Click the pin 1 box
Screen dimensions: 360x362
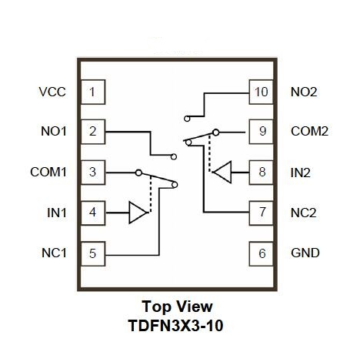pyautogui.click(x=93, y=92)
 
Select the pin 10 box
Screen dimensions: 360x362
pyautogui.click(x=261, y=92)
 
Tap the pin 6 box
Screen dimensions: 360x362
pyautogui.click(x=261, y=253)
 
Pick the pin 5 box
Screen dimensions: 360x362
pyautogui.click(x=93, y=253)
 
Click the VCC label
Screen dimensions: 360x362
pyautogui.click(x=52, y=92)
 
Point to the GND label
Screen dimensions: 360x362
pyautogui.click(x=305, y=253)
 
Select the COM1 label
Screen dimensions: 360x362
pyautogui.click(x=48, y=172)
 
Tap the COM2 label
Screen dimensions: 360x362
pyautogui.click(x=309, y=131)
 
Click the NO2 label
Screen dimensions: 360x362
pyautogui.click(x=304, y=92)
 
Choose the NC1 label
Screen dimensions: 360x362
pyautogui.click(x=54, y=253)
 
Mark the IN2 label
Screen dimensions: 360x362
pyautogui.click(x=301, y=173)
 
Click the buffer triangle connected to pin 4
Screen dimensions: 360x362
pyautogui.click(x=138, y=213)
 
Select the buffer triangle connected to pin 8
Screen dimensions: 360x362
pyautogui.click(x=222, y=172)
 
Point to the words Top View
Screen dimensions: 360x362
pyautogui.click(x=177, y=307)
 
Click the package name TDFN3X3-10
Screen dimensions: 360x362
pyautogui.click(x=175, y=326)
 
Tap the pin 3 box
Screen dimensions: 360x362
pyautogui.click(x=93, y=173)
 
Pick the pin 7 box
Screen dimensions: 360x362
pyautogui.click(x=261, y=213)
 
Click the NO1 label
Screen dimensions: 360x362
pyautogui.click(x=54, y=131)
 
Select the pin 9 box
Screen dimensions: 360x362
pyautogui.click(x=261, y=132)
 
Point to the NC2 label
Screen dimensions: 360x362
pyautogui.click(x=304, y=213)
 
